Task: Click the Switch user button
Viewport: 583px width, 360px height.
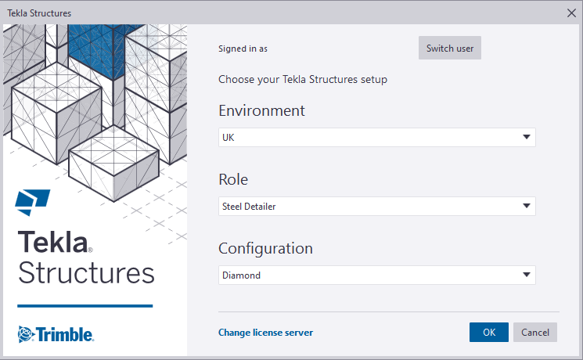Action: tap(449, 48)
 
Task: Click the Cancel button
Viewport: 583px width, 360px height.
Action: tap(535, 332)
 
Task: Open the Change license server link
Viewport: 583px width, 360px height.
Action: tap(265, 332)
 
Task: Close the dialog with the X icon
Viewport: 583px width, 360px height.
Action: tap(571, 13)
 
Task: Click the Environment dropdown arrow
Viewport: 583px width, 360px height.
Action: tap(527, 137)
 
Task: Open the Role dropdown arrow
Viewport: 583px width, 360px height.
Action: tap(527, 206)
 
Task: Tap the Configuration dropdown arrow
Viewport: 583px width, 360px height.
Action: tap(527, 275)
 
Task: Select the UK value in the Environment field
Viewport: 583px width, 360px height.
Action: tap(229, 138)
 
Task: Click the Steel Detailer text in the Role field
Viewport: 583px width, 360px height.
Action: tap(249, 207)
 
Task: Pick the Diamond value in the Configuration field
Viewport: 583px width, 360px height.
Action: tap(241, 275)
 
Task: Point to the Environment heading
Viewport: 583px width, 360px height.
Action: tap(261, 110)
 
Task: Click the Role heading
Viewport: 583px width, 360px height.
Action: tap(233, 179)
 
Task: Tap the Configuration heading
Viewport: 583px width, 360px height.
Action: tap(265, 248)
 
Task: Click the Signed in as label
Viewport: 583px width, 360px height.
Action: tap(243, 49)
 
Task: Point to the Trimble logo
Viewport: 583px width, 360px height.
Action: tap(56, 334)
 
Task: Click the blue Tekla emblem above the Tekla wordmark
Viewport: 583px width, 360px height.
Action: tap(32, 203)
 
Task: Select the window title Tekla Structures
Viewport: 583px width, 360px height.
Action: tap(39, 13)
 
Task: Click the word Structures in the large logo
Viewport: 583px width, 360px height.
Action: tap(86, 272)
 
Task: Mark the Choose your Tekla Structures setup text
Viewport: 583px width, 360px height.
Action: tap(303, 80)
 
